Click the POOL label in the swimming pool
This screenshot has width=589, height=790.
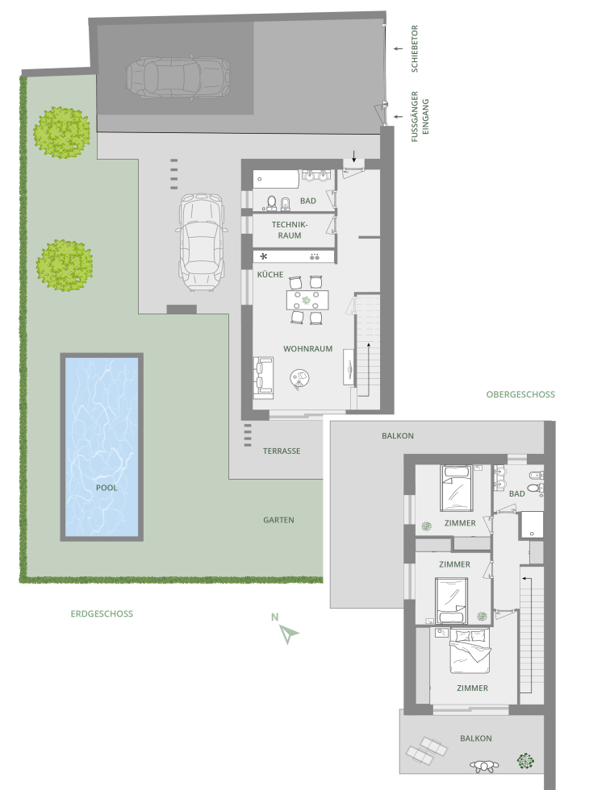107,488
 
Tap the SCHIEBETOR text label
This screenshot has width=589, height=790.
415,49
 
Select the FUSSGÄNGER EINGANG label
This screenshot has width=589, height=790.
420,116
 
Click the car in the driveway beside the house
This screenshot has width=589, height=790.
201,242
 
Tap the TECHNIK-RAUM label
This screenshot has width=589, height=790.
290,231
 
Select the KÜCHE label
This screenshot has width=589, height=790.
270,275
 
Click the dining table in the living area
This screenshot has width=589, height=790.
307,300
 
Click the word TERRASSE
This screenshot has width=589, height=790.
282,451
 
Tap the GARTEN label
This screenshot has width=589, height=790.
278,520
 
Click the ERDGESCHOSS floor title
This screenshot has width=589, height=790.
102,613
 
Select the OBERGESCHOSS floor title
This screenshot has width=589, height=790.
520,394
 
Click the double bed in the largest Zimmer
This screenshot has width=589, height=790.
470,651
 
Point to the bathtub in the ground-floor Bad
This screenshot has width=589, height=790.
276,179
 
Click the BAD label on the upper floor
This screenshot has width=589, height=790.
517,493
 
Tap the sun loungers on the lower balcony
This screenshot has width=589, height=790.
426,750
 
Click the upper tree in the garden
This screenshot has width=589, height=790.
62,132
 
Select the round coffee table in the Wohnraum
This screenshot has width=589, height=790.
299,378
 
